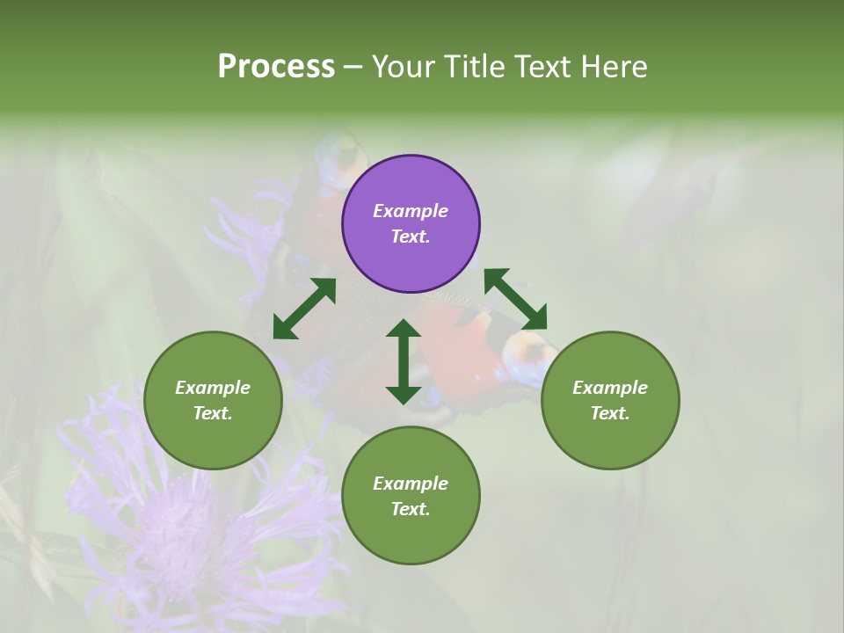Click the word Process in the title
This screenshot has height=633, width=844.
(x=276, y=67)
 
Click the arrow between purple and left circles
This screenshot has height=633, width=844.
(x=304, y=309)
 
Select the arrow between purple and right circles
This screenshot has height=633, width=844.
(x=515, y=299)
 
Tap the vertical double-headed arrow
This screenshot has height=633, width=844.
(x=404, y=361)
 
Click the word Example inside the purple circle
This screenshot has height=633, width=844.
(x=411, y=211)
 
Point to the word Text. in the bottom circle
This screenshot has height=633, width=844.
(x=411, y=509)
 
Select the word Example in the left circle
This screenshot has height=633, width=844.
(x=213, y=388)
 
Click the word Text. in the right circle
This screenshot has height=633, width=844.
(x=610, y=413)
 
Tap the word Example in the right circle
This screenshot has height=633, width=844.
(x=610, y=388)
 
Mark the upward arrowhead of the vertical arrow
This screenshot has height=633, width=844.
(x=404, y=329)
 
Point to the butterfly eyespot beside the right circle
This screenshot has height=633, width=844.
(x=529, y=356)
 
